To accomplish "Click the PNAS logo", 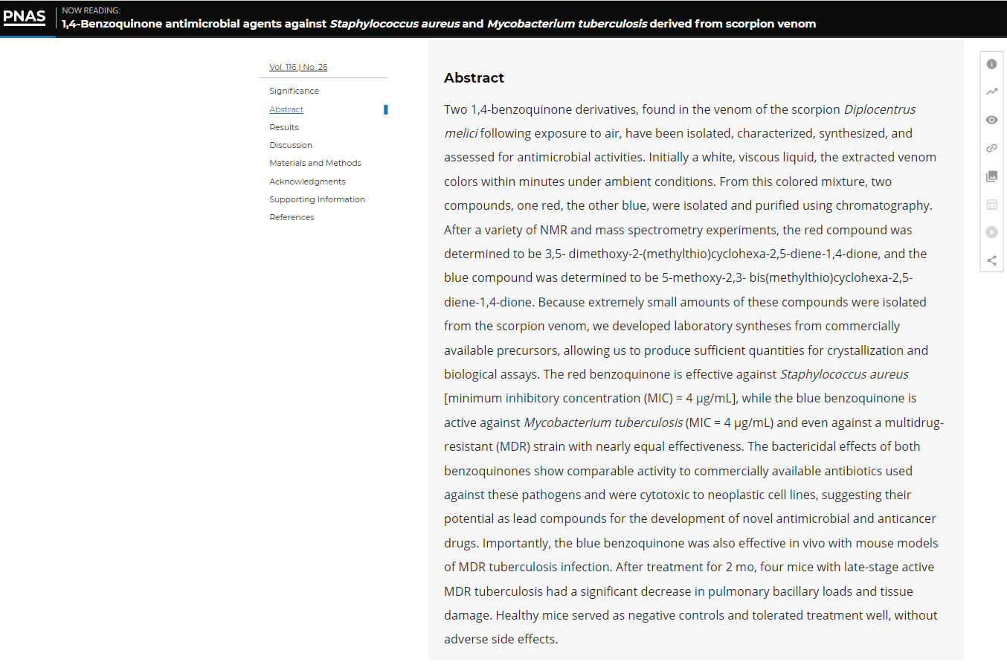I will [25, 17].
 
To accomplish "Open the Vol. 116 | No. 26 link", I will [298, 67].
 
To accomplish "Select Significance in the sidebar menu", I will [294, 91].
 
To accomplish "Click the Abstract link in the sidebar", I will [286, 109].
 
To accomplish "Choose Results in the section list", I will [284, 127].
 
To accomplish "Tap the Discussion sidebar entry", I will [291, 145].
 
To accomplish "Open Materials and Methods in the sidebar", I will [315, 163].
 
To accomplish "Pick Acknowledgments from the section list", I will [307, 181].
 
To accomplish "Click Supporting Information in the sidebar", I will [317, 199].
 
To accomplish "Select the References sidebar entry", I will [292, 217].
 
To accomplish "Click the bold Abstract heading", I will [474, 78].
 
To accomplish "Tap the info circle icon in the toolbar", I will [991, 64].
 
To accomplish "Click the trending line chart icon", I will [991, 92].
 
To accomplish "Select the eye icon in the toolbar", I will [991, 120].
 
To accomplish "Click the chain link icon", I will [991, 148].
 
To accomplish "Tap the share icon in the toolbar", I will [991, 260].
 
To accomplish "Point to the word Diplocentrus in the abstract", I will [880, 109].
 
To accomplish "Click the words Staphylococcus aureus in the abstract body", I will [844, 374].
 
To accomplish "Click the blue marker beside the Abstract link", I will [385, 110].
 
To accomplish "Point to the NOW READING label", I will [91, 10].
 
